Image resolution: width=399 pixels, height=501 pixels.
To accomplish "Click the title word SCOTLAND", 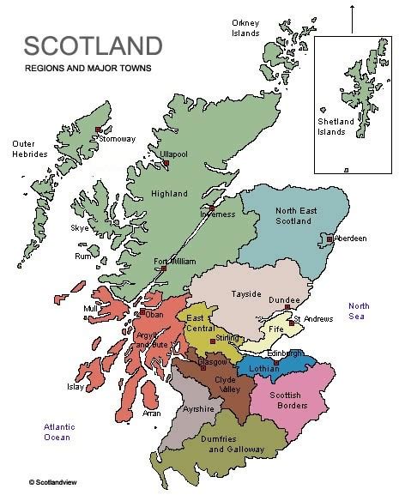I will point(93,46).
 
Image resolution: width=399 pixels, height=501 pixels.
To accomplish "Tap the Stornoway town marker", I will point(96,131).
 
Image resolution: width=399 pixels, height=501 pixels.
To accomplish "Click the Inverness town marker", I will point(212,208).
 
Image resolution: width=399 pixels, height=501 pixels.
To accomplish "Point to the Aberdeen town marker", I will point(329,238).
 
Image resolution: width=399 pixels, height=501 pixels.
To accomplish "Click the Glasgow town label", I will point(212,362).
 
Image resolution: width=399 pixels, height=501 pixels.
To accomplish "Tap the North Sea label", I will point(359,311).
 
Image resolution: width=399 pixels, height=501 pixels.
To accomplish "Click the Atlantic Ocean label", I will point(61,432).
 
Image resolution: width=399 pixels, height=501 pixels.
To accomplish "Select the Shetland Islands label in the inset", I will point(336,127).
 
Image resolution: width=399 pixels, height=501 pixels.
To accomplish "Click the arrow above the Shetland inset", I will point(352,17).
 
